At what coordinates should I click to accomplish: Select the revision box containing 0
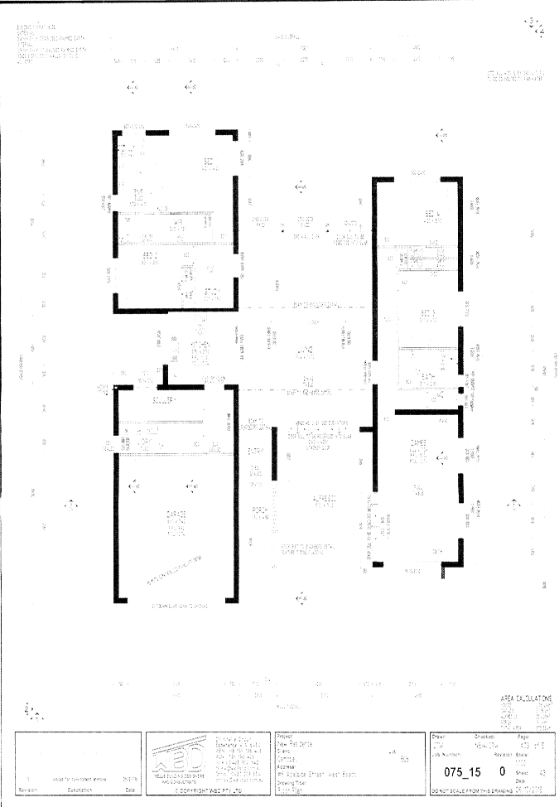tap(502, 771)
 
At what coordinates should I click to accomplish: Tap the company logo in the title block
tap(179, 757)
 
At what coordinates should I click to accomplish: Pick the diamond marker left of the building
tap(71, 505)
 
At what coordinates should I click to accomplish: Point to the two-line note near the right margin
tap(517, 76)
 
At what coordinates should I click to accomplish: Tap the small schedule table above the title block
tap(527, 708)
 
